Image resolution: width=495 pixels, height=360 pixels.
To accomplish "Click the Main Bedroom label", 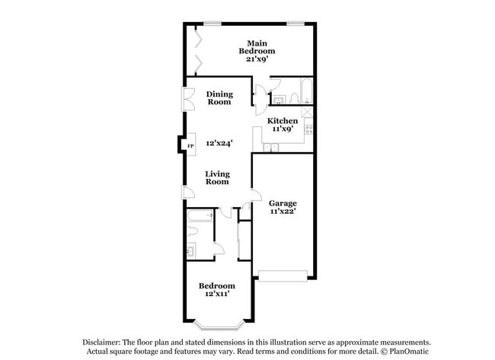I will pos(256,46).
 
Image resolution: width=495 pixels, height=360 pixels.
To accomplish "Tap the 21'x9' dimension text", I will pos(257,59).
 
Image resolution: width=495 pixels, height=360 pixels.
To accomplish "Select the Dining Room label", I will pos(219,98).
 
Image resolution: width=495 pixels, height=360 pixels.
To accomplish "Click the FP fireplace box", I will pos(190,144).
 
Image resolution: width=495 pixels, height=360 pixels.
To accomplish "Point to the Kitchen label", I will pos(282,121).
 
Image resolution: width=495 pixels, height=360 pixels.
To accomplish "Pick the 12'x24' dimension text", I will pos(219,142).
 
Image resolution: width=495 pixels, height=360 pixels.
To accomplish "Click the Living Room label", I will pos(218,177).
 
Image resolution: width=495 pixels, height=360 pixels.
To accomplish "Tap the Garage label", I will pos(282,203).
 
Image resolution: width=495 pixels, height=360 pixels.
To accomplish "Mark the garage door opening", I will pos(283,274).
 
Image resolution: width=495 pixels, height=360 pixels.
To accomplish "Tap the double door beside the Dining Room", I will pos(187,100).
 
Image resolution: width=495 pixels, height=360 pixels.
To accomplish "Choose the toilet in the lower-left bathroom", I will pos(192,250).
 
